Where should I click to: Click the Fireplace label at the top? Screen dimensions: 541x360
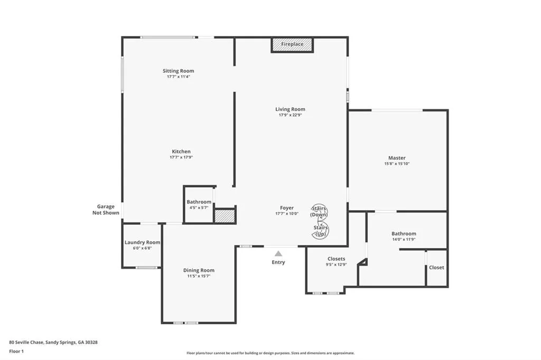click(x=292, y=44)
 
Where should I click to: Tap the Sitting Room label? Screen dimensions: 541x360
click(x=179, y=71)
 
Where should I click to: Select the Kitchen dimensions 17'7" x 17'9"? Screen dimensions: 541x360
click(x=181, y=157)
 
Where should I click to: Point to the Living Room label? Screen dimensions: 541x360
click(x=290, y=109)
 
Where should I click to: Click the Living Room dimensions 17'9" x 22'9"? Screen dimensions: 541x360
click(x=290, y=115)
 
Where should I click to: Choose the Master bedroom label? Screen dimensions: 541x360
click(x=397, y=158)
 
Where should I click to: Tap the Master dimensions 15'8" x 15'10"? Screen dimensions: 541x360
click(x=397, y=164)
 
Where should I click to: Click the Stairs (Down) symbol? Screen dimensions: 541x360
click(x=319, y=211)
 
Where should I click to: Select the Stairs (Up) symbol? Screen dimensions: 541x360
click(x=321, y=231)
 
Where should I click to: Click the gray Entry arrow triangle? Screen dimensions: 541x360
click(x=278, y=254)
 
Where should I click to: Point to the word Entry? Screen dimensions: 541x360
click(x=278, y=262)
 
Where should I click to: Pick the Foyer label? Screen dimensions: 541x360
click(x=287, y=208)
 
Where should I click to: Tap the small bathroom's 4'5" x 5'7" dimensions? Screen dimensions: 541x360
click(x=199, y=207)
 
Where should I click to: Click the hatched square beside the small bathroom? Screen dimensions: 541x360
click(x=225, y=216)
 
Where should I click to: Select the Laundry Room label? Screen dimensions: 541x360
click(x=142, y=242)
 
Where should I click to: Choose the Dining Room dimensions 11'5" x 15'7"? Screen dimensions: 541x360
click(x=199, y=276)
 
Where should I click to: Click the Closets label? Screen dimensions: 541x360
click(x=337, y=259)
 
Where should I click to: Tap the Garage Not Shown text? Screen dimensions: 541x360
click(x=106, y=210)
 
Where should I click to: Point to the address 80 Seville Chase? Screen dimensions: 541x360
click(x=26, y=343)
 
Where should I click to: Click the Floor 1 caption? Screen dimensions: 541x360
click(x=16, y=352)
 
